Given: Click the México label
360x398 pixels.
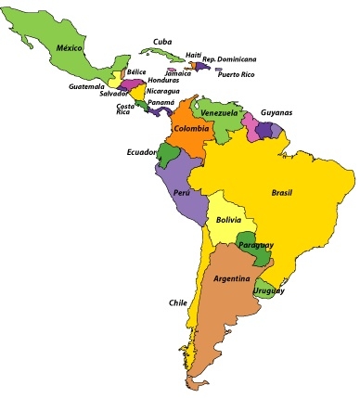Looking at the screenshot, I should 70,47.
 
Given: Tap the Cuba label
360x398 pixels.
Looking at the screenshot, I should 162,41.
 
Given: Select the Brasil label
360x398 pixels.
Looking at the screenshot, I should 282,193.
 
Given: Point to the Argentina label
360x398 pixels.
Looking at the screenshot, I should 231,278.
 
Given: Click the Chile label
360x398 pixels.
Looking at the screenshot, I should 178,302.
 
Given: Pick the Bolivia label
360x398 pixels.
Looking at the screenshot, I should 228,220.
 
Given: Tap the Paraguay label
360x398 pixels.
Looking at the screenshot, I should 255,245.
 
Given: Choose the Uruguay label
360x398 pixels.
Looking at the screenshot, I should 270,290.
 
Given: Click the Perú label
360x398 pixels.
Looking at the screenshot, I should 183,193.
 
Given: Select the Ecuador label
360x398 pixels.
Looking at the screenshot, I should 142,151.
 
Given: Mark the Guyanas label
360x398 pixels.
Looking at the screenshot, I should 276,111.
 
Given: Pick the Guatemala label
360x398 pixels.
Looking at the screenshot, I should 86,86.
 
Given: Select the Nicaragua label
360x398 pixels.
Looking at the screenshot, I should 163,91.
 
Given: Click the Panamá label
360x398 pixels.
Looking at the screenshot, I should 161,102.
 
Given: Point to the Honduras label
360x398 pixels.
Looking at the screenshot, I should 163,81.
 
